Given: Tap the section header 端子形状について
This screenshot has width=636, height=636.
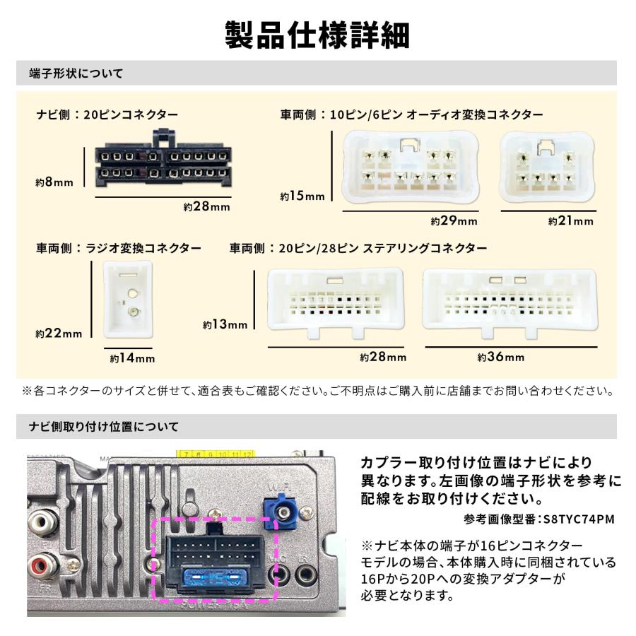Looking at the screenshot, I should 76,73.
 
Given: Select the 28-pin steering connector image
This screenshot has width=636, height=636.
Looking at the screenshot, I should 509,300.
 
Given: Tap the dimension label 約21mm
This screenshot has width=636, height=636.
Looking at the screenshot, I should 571,221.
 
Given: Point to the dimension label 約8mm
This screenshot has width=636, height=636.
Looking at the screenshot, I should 54,182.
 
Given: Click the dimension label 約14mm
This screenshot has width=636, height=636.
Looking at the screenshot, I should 132,358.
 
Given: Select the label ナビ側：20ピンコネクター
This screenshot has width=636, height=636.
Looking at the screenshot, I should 107,114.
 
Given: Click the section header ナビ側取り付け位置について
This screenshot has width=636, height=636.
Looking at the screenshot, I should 104,427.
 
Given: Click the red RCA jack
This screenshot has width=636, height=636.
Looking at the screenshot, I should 37,565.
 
